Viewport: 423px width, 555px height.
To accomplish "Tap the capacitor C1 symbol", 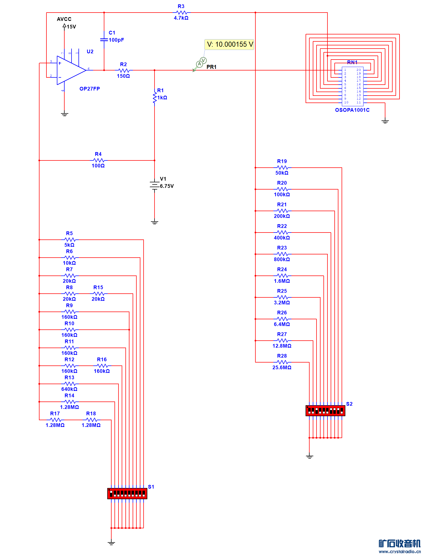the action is [104, 40].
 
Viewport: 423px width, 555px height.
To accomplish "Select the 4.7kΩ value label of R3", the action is [181, 18].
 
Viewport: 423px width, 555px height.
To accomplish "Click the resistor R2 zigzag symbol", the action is [124, 70].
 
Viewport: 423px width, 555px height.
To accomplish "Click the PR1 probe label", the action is [211, 67].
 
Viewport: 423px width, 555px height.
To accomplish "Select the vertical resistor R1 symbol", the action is [155, 97].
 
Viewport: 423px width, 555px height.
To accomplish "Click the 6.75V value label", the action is [167, 186].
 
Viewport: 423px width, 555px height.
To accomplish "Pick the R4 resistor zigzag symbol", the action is [99, 160].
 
